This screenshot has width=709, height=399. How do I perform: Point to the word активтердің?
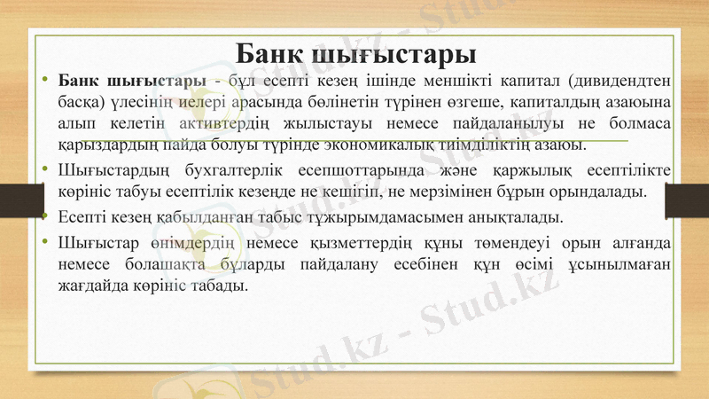261,123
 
